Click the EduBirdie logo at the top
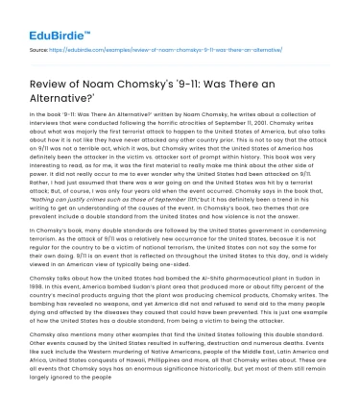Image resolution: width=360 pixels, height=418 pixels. pos(38,17)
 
